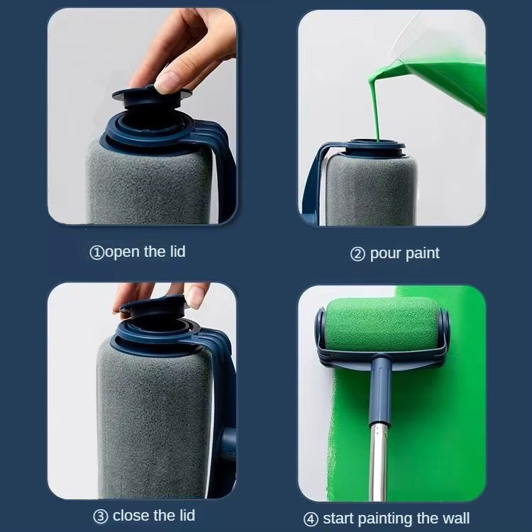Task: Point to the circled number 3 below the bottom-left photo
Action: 100,516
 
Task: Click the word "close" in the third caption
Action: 132,515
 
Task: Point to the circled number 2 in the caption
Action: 358,254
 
